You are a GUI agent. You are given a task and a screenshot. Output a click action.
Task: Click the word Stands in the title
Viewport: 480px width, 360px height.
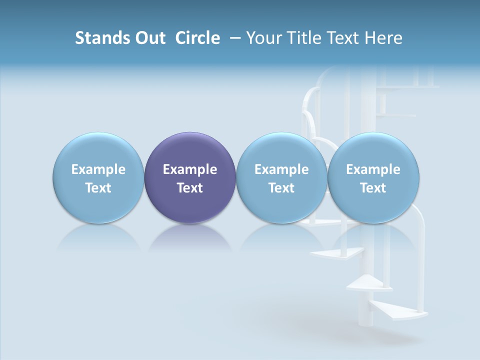point(99,38)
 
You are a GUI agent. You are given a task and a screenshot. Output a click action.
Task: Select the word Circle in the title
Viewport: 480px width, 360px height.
point(197,38)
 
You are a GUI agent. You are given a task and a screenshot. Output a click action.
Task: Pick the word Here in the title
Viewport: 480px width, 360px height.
point(383,38)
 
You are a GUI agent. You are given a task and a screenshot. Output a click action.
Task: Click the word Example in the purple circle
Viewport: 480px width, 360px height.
point(190,169)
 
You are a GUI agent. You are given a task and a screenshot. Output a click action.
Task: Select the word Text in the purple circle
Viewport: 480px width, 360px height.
point(190,188)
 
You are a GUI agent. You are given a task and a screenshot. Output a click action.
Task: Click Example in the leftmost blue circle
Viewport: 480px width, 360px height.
point(98,169)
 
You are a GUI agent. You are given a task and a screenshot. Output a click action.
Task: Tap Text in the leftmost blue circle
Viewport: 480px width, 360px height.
point(98,188)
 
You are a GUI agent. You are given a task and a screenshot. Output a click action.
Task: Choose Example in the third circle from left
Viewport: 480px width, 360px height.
point(281,169)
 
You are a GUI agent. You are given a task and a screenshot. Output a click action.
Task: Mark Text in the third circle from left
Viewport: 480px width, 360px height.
point(281,188)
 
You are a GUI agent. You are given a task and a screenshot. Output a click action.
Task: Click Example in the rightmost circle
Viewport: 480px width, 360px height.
point(373,169)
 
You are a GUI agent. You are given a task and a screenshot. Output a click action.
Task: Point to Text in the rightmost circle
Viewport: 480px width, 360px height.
point(373,188)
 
